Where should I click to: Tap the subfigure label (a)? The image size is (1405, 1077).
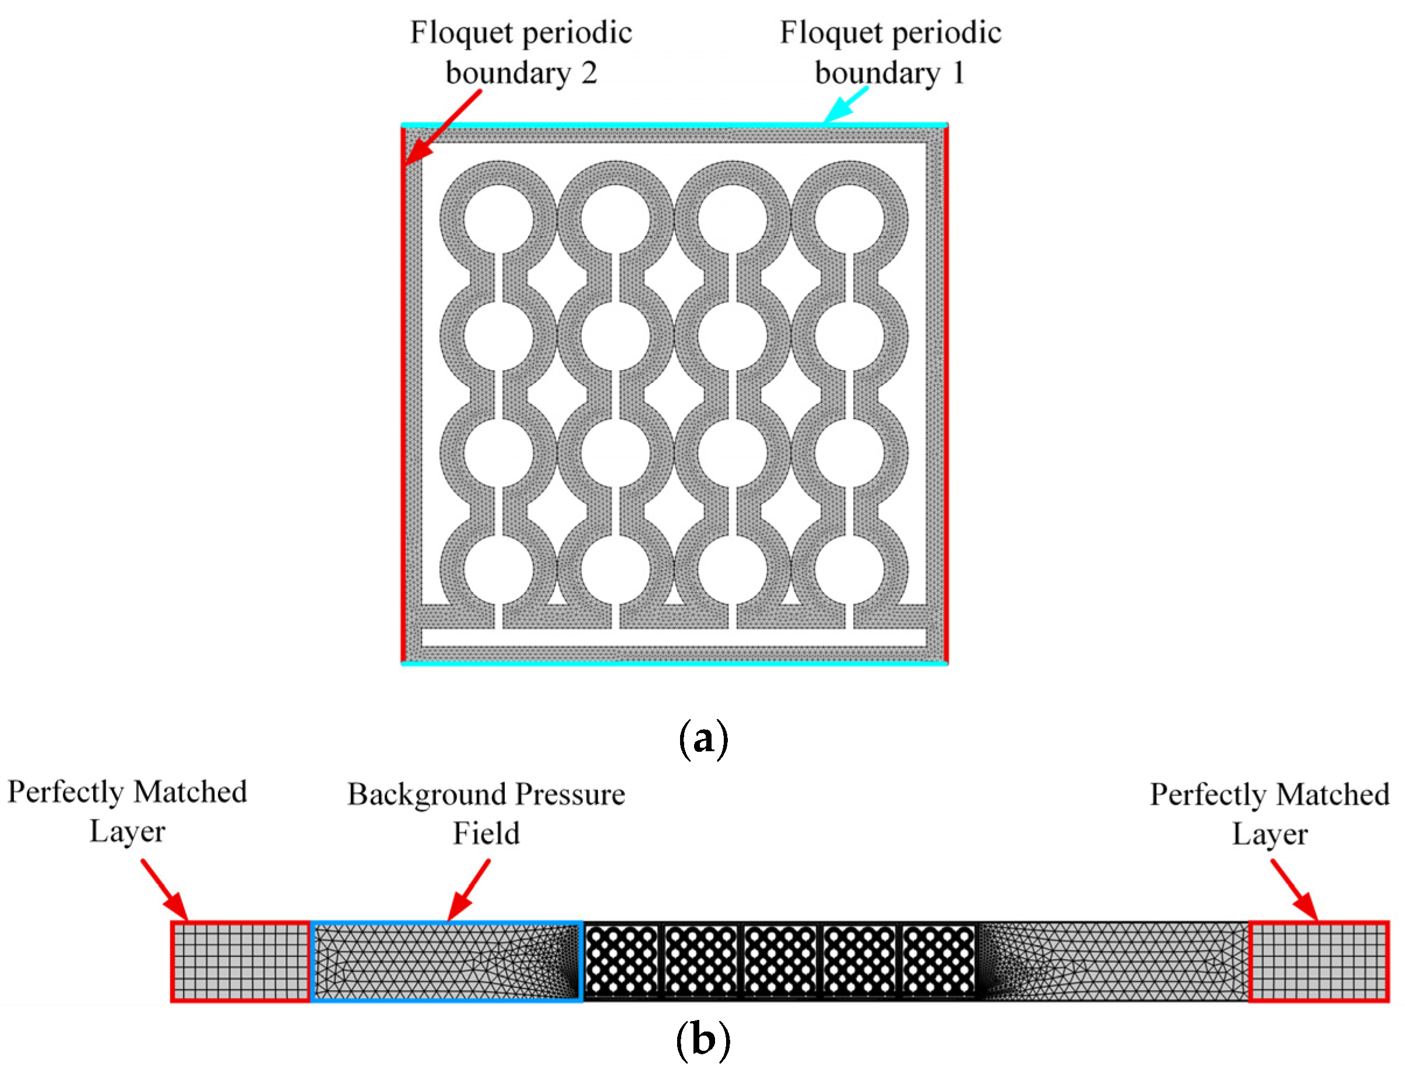pos(703,739)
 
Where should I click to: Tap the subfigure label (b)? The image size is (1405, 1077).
pos(703,1039)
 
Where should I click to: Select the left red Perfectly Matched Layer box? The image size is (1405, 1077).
pos(240,961)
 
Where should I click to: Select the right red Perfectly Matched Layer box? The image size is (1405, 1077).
pos(1319,961)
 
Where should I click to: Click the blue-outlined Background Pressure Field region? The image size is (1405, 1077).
pos(446,961)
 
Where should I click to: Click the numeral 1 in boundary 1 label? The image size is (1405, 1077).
pos(958,72)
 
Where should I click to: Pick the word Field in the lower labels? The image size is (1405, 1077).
pos(486,833)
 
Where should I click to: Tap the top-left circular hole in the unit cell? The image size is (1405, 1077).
pos(498,219)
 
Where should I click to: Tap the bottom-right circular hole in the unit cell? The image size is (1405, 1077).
pos(848,570)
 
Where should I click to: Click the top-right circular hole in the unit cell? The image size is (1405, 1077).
pos(848,219)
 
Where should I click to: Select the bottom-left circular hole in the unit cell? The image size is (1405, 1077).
pos(498,570)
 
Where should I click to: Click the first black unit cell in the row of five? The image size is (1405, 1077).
pos(622,961)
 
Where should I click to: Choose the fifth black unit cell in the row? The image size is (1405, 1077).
pos(938,961)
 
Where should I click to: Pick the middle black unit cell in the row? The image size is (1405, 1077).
pos(780,961)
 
